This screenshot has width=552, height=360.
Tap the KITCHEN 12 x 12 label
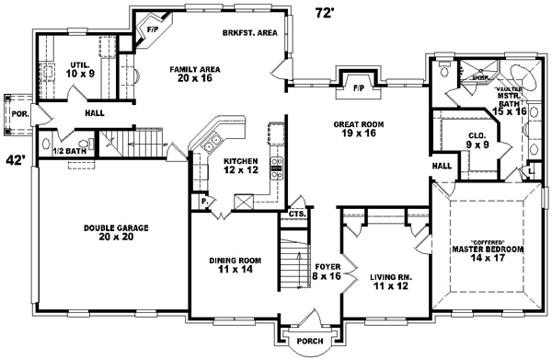click(x=242, y=167)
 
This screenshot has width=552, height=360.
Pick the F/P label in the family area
click(x=151, y=29)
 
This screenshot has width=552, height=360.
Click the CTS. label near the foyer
click(x=296, y=214)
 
